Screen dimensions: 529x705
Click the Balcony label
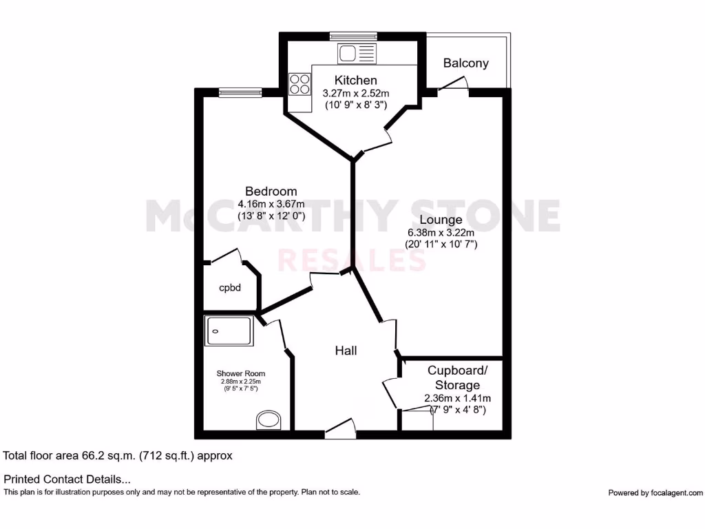[465, 63]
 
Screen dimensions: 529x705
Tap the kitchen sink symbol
[357, 53]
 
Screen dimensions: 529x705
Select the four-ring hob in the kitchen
[299, 84]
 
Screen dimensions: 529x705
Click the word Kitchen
[356, 81]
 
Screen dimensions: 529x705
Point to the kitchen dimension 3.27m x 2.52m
[356, 93]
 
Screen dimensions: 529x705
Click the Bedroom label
[271, 191]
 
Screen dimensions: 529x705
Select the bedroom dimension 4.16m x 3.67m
[271, 204]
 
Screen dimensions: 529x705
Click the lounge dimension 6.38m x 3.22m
[441, 232]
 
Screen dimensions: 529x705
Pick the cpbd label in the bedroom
[230, 287]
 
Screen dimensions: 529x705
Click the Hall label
[346, 351]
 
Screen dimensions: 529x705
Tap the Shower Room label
[240, 373]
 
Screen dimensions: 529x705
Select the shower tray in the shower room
[229, 331]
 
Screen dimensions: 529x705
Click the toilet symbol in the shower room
[267, 419]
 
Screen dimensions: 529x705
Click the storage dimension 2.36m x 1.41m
[457, 398]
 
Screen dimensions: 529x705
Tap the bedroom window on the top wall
[240, 91]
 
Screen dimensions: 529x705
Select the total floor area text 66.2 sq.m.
[118, 455]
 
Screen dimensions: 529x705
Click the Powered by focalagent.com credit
[655, 492]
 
